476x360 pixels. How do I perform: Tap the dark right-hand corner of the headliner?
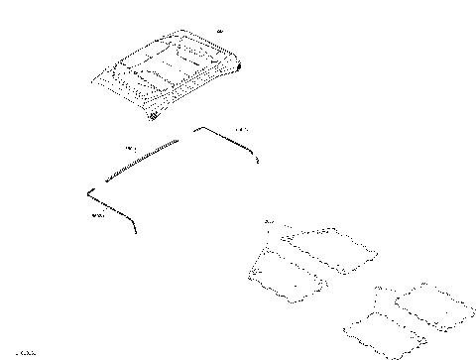click(x=236, y=67)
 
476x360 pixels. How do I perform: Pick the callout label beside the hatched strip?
click(x=130, y=149)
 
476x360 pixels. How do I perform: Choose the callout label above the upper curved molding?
click(x=242, y=130)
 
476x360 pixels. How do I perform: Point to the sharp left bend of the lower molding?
click(x=88, y=190)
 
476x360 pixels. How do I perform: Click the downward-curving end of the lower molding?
click(x=135, y=230)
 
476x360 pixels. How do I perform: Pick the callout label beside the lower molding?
click(x=96, y=215)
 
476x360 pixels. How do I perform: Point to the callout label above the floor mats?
click(x=269, y=220)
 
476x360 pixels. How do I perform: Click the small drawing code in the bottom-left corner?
click(x=19, y=351)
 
